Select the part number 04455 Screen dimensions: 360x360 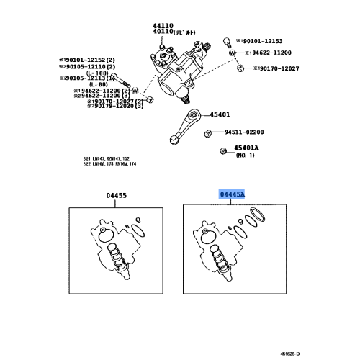116,194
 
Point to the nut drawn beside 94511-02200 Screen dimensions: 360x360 207,132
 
